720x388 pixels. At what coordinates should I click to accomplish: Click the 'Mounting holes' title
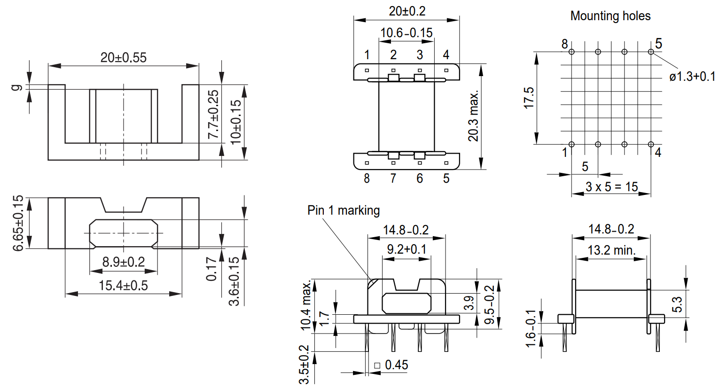point(610,16)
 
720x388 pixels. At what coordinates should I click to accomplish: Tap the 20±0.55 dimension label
point(124,58)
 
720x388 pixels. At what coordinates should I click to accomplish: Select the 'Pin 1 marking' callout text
point(344,210)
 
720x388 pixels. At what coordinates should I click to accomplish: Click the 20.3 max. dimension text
point(473,116)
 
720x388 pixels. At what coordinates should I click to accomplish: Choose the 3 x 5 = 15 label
point(612,186)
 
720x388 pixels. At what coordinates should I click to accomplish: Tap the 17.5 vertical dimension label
point(529,98)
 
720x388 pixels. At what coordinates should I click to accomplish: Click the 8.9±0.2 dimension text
point(124,262)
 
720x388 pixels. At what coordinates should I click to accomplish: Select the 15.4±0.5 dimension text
point(124,286)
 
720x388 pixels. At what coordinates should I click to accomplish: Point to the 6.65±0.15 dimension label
point(18,223)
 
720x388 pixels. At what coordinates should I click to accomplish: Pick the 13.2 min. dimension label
point(612,250)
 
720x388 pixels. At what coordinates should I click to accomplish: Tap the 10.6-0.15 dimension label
point(407,33)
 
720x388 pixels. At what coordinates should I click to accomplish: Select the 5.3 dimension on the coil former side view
point(677,304)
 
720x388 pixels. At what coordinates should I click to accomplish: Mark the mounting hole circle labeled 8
point(571,52)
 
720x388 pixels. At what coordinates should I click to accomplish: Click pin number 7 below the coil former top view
point(393,178)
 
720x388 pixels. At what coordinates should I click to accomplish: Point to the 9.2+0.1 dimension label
point(407,249)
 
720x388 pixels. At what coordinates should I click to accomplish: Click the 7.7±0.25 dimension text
point(213,114)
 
